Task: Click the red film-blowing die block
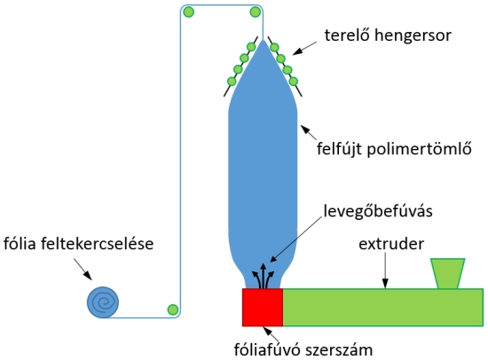[263, 308]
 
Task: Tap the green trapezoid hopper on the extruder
[447, 273]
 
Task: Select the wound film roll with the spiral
[103, 302]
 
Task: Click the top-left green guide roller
[189, 12]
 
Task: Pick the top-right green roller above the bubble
[256, 12]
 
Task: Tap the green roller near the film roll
[173, 309]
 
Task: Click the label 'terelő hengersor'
[388, 35]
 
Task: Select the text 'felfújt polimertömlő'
[394, 149]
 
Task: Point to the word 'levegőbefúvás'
[378, 211]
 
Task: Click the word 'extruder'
[391, 244]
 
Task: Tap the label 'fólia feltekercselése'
[78, 243]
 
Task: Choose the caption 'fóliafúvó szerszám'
[303, 349]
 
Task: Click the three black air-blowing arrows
[264, 276]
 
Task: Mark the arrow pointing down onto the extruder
[385, 270]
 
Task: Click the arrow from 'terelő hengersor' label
[304, 49]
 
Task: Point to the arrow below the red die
[271, 334]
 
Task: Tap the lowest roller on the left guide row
[232, 82]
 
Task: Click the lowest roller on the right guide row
[294, 82]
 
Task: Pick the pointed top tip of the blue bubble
[263, 40]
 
